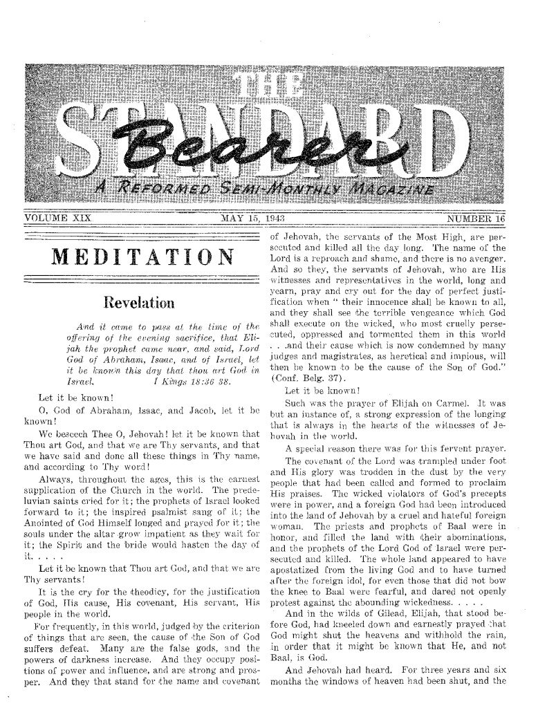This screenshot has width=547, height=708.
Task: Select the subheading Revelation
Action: tap(140, 302)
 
